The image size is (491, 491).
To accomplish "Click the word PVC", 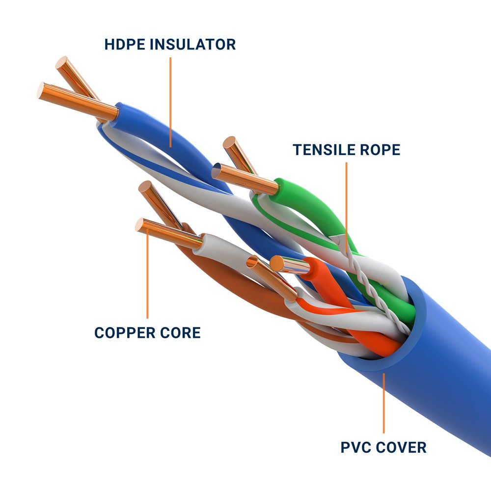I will tap(355, 447).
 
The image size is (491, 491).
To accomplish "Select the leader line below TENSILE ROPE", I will tap(346, 206).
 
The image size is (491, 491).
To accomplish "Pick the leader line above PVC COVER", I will tap(384, 403).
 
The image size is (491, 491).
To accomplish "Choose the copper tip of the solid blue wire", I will tap(79, 101).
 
